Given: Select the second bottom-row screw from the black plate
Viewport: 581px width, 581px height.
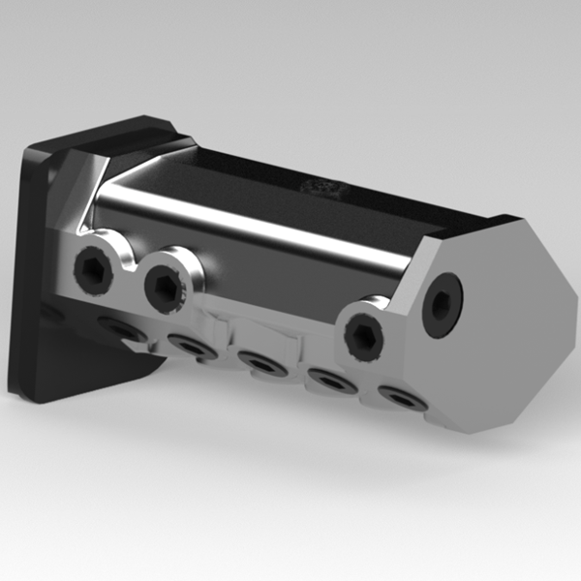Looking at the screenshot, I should [x=190, y=346].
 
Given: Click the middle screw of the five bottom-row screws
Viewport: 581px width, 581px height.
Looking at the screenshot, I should [x=261, y=362].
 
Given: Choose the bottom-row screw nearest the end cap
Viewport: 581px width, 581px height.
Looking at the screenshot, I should [x=400, y=395].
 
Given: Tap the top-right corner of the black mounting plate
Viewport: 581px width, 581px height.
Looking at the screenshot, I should [x=165, y=120].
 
